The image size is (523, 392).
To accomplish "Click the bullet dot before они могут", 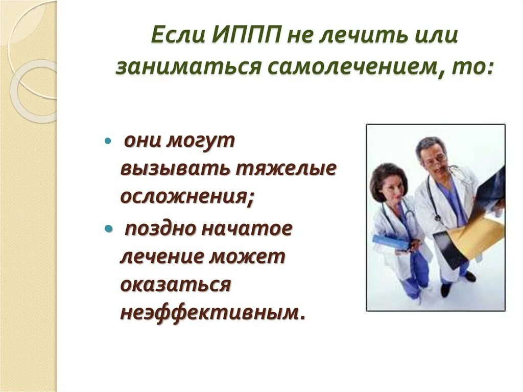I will [108, 141].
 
